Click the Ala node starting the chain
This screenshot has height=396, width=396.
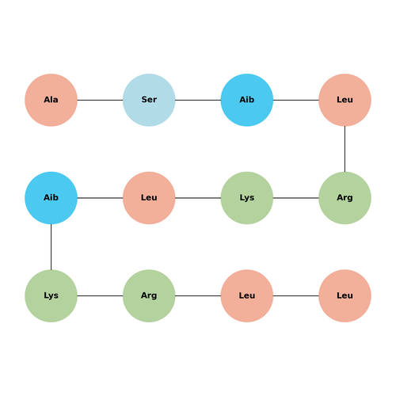point(51,100)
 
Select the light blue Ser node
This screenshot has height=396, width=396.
point(149,100)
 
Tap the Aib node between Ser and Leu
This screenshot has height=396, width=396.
point(247,100)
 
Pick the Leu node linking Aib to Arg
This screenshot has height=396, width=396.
point(345,100)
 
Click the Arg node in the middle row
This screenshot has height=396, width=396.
point(345,198)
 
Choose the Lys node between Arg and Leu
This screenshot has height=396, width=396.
point(247,198)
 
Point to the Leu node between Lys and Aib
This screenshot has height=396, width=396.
point(149,198)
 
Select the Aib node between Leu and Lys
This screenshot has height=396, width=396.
point(51,198)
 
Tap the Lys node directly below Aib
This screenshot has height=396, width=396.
point(51,295)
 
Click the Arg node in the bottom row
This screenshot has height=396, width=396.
point(149,295)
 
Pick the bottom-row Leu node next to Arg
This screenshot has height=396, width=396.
point(247,295)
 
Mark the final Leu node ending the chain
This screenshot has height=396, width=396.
point(345,295)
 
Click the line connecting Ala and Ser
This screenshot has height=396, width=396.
point(100,100)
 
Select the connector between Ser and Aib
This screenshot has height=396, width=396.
point(198,100)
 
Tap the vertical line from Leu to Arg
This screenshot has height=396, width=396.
point(345,149)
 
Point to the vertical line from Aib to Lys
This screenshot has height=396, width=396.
point(51,247)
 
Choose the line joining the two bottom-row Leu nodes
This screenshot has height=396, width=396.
point(296,295)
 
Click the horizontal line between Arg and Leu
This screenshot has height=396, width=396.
point(198,295)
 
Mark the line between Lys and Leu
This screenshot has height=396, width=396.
point(198,198)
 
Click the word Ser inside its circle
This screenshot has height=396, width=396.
point(149,100)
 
